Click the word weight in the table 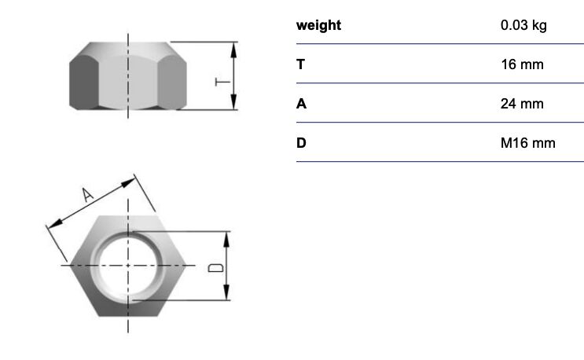coord(318,26)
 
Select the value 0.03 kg coord(523,25)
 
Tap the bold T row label coord(300,64)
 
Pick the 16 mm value coord(522,64)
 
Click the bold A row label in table coord(301,104)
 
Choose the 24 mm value coord(522,104)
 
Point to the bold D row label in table coord(301,142)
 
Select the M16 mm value coord(527,142)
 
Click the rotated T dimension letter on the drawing coord(222,82)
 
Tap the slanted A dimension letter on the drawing coord(87,194)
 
